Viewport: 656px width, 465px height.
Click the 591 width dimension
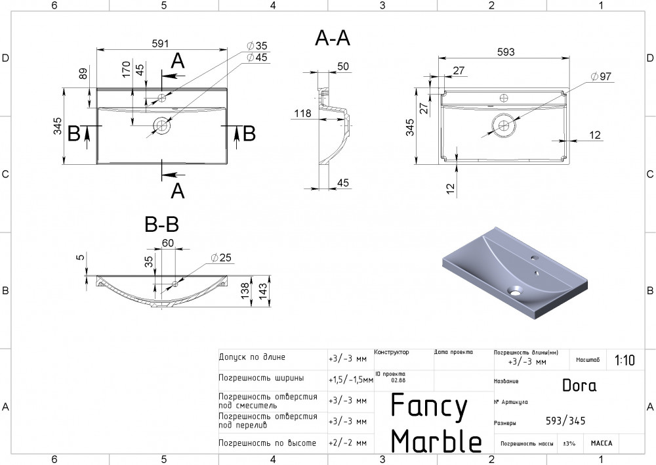[161, 43]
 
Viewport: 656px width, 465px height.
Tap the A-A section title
[333, 39]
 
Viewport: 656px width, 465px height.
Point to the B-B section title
[161, 225]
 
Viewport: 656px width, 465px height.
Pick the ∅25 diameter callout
[222, 257]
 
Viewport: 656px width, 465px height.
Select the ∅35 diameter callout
[257, 46]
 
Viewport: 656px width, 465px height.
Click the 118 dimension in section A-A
[302, 114]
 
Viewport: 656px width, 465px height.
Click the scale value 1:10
[625, 360]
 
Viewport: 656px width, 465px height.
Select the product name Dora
[579, 386]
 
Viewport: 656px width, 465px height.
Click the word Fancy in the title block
[429, 407]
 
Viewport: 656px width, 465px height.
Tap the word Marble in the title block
[436, 441]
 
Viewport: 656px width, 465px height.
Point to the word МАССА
[601, 443]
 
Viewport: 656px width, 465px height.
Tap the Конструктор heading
[392, 353]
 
